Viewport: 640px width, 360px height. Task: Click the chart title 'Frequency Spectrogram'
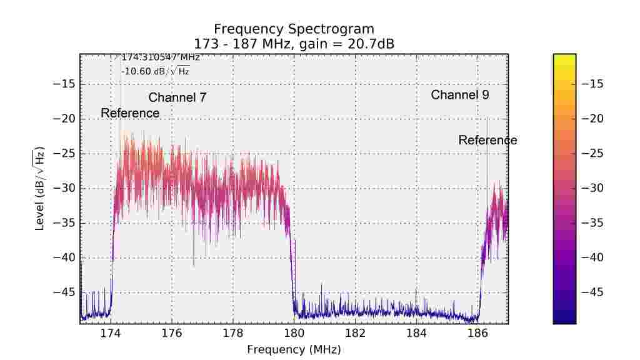[x=294, y=29]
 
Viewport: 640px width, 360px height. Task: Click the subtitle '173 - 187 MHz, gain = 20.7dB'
[x=294, y=44]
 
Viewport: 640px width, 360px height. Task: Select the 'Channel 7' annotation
[x=177, y=97]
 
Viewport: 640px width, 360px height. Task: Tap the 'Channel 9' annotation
[x=460, y=95]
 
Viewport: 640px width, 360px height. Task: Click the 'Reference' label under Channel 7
[x=130, y=113]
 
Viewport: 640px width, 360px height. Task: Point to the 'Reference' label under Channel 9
[x=487, y=140]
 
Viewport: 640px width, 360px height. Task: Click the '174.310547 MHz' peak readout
[x=160, y=57]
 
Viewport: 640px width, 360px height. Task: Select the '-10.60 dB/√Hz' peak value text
[x=155, y=71]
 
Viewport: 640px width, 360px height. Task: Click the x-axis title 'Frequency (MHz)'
[x=294, y=349]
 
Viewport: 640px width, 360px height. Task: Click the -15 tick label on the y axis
[x=64, y=84]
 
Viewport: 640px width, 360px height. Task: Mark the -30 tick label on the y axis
[x=64, y=188]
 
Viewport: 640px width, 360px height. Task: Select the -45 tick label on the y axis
[x=64, y=292]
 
